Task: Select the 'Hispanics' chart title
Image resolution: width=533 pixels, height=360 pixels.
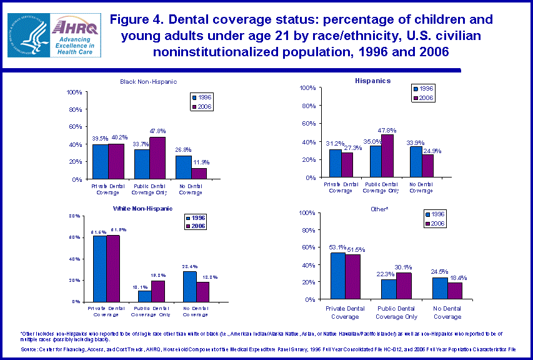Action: click(x=373, y=81)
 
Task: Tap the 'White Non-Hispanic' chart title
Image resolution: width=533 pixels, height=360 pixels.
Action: click(x=142, y=208)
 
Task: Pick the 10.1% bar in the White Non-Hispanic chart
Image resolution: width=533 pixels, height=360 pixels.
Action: click(x=144, y=296)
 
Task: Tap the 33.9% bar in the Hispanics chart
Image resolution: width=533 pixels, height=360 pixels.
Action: click(x=417, y=162)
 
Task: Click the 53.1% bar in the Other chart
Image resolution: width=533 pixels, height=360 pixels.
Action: click(x=337, y=276)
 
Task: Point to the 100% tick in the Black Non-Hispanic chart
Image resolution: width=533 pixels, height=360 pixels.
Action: click(x=74, y=92)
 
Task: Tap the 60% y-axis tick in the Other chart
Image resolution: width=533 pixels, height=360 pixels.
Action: click(x=305, y=247)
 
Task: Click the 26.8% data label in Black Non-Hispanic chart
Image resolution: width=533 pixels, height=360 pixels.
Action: click(x=182, y=150)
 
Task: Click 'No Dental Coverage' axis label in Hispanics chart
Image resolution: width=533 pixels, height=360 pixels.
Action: click(x=421, y=187)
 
